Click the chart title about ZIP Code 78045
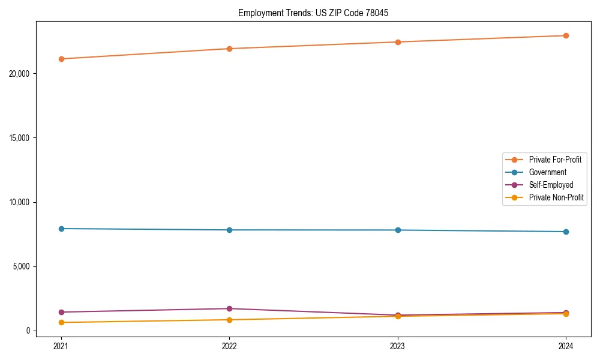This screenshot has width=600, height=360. point(313,13)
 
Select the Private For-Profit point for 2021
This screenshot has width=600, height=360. point(61,59)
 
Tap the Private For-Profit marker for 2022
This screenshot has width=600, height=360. point(229,49)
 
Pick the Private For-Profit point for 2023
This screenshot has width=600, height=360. point(398,42)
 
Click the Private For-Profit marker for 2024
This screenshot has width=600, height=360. point(566,35)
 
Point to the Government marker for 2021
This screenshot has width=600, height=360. point(61,229)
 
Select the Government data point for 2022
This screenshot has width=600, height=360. point(229,230)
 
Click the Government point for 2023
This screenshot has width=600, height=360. point(398,230)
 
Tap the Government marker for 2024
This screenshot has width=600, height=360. point(566,232)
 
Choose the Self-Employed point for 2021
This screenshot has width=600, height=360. point(61,312)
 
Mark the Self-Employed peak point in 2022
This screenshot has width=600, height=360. point(229,308)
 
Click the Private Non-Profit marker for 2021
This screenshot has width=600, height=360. point(61,322)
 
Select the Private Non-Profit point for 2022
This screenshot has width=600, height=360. point(229,320)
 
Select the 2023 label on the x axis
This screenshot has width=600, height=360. point(398,346)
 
